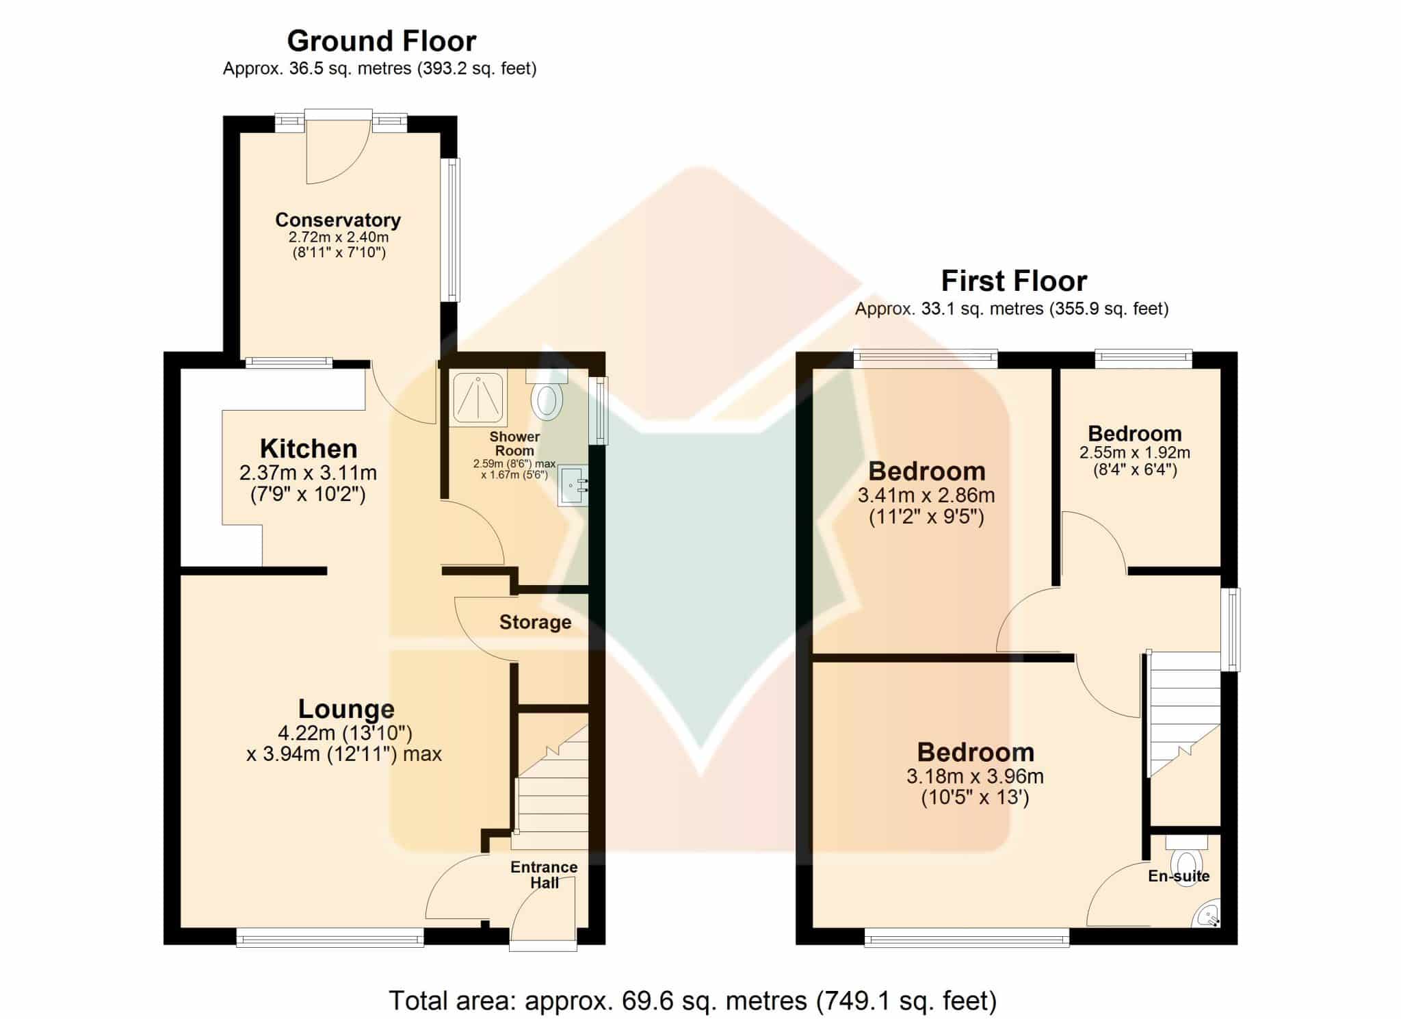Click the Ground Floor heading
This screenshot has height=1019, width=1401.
coord(382,41)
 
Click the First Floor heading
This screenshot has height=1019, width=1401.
coord(1014,281)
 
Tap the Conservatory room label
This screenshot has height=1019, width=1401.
coord(338,220)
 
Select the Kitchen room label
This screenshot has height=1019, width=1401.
coord(309,449)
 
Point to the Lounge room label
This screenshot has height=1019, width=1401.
coord(346,709)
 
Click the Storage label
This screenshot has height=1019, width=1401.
coord(535,622)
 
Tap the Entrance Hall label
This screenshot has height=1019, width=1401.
coord(545,875)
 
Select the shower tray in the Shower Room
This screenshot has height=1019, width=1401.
coord(479,397)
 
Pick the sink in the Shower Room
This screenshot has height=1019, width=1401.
coord(573,486)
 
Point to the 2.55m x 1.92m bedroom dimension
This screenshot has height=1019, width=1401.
coord(1135,453)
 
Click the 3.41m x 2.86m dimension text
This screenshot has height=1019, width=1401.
coord(926,495)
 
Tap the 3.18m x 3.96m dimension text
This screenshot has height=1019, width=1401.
coord(976,777)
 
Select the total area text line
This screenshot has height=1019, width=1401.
coord(693,1001)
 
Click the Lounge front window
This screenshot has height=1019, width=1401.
coord(330,938)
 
